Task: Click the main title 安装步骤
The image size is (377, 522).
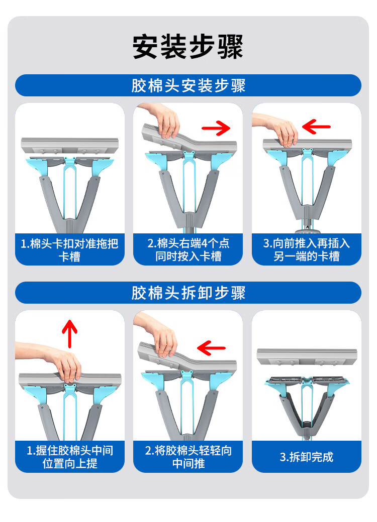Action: click(188, 47)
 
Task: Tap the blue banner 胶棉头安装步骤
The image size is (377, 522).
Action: click(188, 85)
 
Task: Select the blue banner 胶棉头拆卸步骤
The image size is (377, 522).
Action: click(188, 293)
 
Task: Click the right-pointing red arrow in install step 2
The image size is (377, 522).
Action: click(216, 128)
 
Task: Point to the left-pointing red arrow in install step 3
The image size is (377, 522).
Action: click(316, 126)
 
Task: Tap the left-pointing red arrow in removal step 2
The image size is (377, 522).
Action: click(211, 348)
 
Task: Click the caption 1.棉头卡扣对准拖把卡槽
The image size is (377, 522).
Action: click(69, 249)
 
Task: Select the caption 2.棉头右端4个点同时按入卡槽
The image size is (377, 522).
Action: click(189, 249)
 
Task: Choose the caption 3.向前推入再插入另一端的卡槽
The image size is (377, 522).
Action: click(306, 249)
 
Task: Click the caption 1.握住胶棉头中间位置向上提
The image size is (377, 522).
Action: click(70, 457)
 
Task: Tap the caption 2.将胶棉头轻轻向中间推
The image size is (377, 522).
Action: click(189, 457)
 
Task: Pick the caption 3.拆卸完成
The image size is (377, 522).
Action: click(306, 457)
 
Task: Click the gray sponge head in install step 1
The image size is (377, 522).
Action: click(70, 146)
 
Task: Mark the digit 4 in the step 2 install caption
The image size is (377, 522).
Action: click(204, 243)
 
